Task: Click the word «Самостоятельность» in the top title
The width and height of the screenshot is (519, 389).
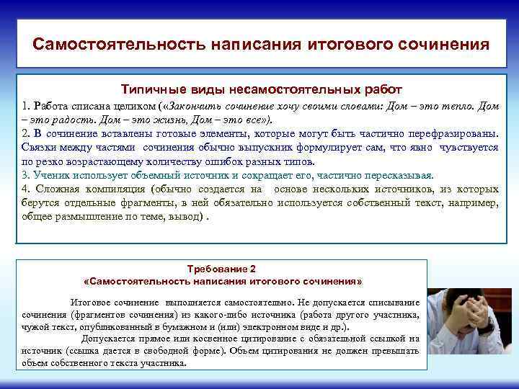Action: tap(118, 44)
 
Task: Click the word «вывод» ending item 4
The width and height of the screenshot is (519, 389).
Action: tap(189, 216)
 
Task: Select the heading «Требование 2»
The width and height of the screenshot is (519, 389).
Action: tap(223, 267)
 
